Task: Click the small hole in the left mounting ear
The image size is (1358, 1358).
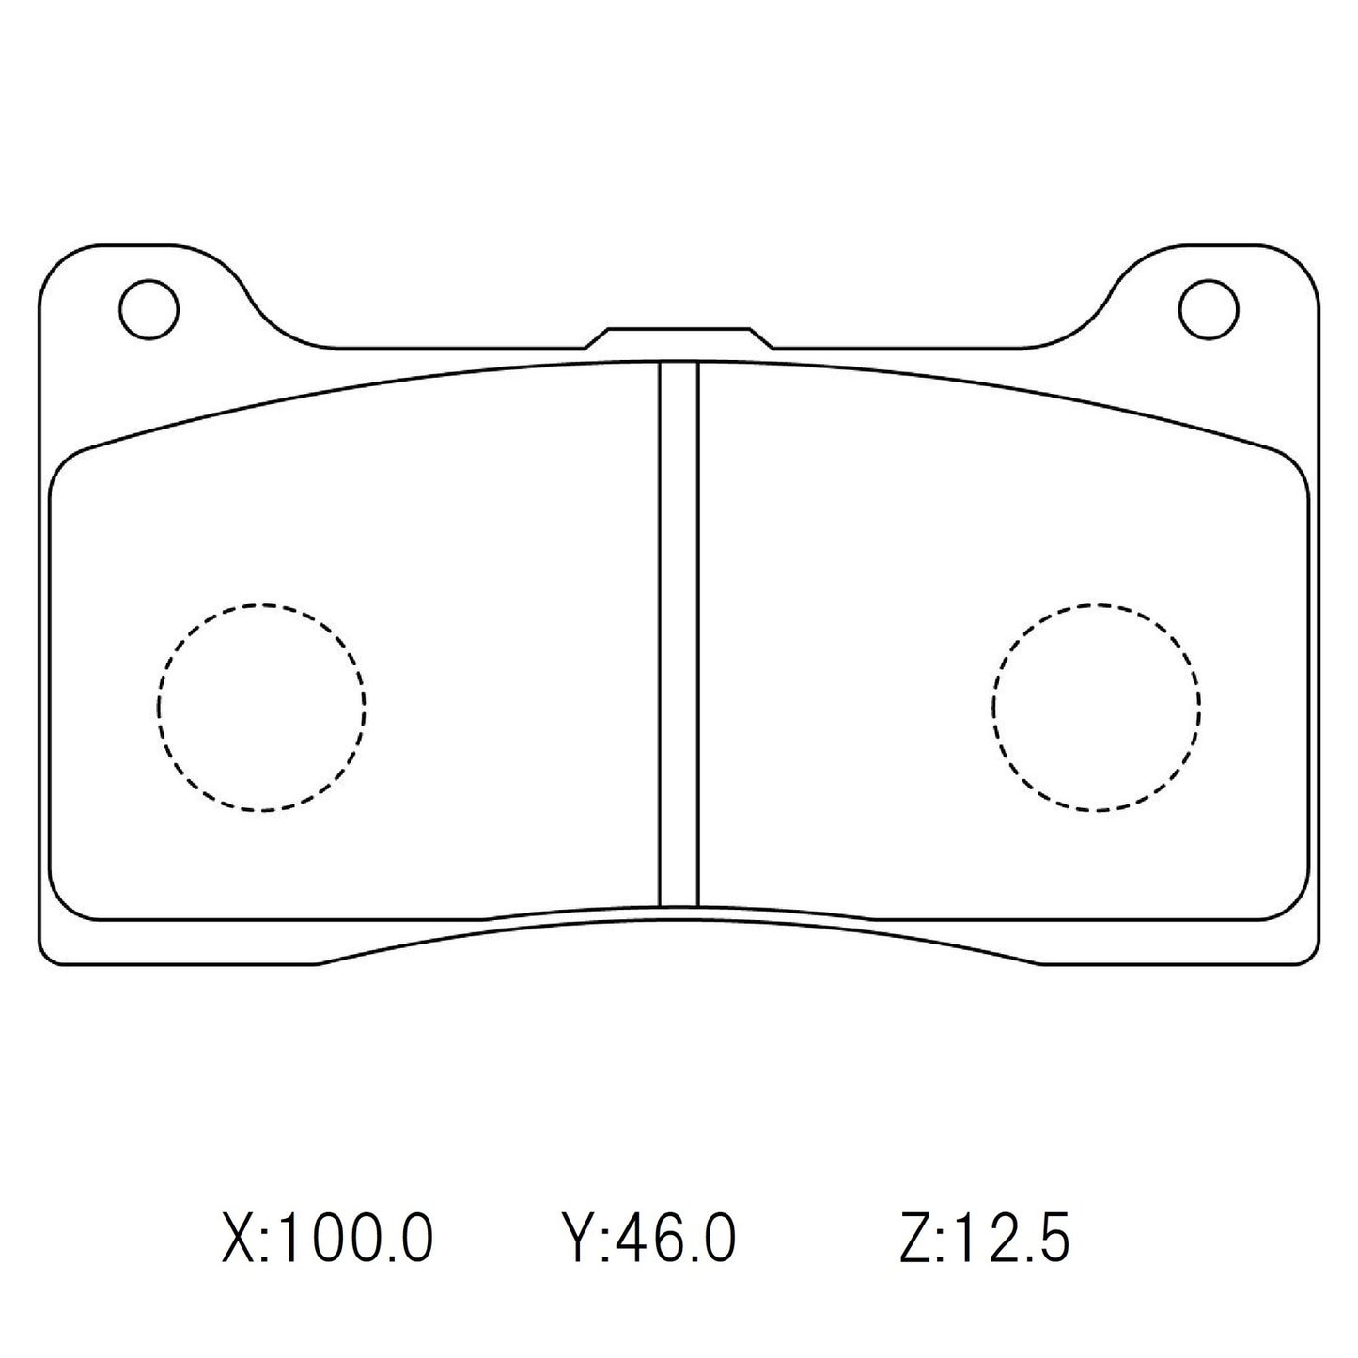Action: (149, 308)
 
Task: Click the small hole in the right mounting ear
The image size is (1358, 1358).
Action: (1209, 308)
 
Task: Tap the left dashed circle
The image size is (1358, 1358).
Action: (262, 707)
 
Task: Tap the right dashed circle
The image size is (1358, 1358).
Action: (1095, 707)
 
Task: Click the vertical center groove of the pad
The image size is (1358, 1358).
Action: (679, 634)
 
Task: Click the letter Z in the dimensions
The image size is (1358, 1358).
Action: (914, 1238)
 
